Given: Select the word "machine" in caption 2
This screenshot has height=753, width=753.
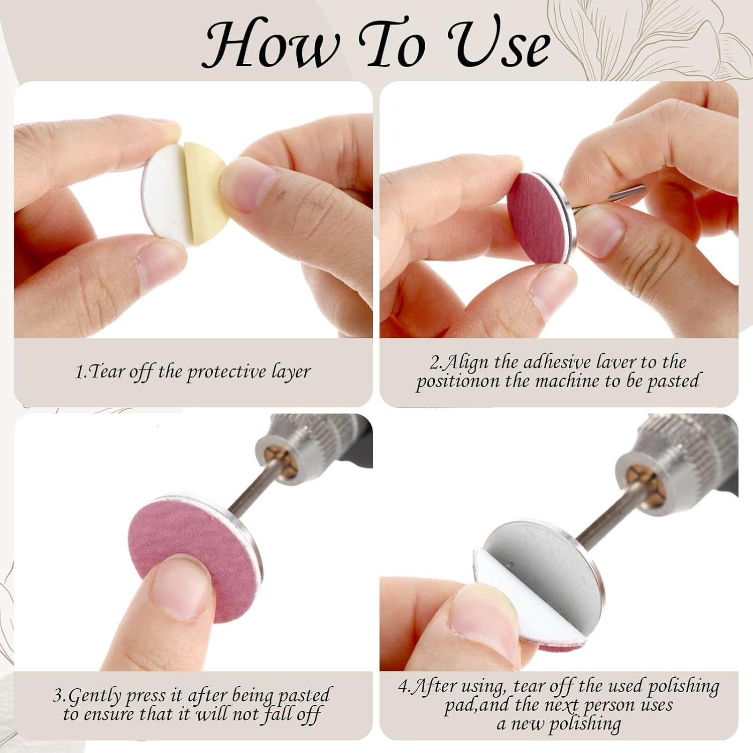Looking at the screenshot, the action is click(567, 381).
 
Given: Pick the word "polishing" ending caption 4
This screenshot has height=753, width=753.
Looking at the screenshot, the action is click(585, 724).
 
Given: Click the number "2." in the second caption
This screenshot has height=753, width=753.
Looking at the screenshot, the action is click(437, 362).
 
